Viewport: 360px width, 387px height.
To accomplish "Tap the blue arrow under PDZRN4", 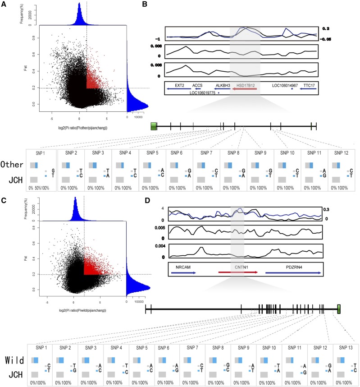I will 293,272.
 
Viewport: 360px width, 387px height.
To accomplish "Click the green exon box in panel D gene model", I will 339,309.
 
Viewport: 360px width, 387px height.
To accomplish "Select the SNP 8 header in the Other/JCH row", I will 234,153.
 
